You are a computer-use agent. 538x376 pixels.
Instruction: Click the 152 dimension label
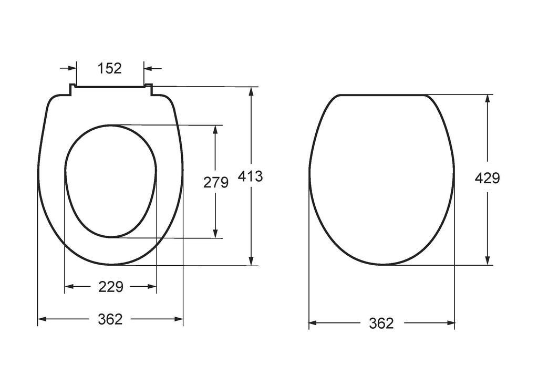pyautogui.click(x=110, y=68)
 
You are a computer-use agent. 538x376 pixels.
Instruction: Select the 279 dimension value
pyautogui.click(x=216, y=182)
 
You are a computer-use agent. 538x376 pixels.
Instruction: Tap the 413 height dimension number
pyautogui.click(x=251, y=176)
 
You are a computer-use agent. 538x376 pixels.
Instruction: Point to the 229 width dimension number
pyautogui.click(x=111, y=286)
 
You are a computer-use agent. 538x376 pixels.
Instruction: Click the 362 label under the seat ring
pyautogui.click(x=110, y=319)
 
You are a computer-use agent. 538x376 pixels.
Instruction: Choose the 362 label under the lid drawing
pyautogui.click(x=381, y=323)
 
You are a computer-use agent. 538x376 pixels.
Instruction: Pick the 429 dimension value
pyautogui.click(x=488, y=178)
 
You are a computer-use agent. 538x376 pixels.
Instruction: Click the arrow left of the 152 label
pyautogui.click(x=68, y=68)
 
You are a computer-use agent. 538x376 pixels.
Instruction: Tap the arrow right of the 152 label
pyautogui.click(x=152, y=68)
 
